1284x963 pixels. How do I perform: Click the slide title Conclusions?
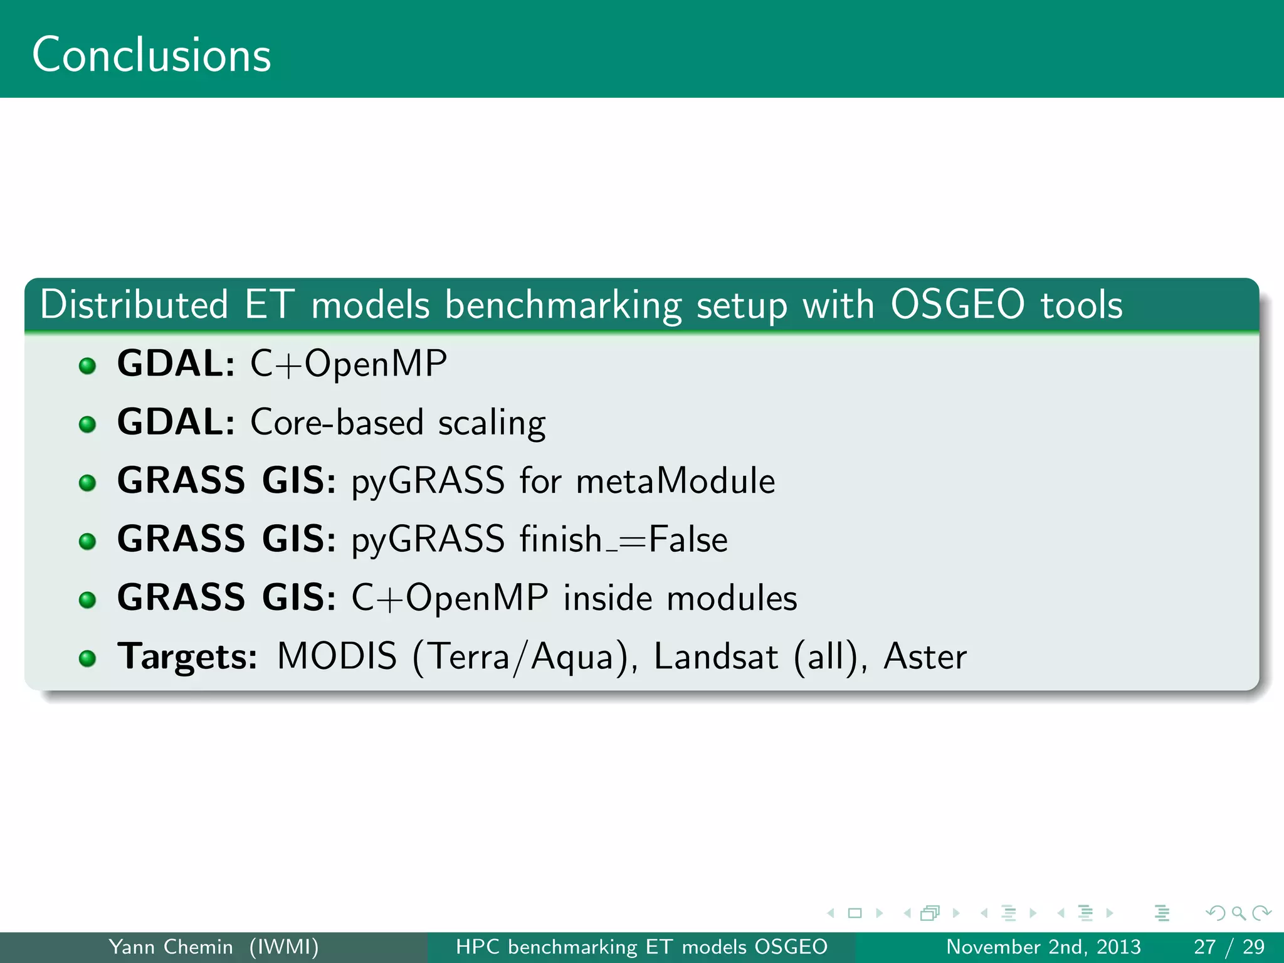coord(151,55)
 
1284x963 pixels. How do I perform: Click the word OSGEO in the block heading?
coord(957,305)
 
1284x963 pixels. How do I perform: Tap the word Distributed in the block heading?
coord(134,305)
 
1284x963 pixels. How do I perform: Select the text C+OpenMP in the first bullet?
coord(349,364)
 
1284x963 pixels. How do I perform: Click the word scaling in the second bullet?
coord(492,423)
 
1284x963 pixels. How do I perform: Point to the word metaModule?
coord(675,481)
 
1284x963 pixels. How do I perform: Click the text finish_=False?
coord(623,540)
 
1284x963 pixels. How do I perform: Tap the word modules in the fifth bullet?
coord(732,598)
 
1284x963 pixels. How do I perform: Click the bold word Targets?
coord(187,656)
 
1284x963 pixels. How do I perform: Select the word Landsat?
coord(715,656)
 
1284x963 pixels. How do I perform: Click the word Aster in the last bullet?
coord(925,656)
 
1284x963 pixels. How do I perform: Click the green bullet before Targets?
coord(88,658)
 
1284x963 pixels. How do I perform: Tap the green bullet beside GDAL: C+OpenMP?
coord(88,366)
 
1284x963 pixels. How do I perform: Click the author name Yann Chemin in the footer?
coord(171,947)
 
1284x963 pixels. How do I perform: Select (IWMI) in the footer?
coord(284,947)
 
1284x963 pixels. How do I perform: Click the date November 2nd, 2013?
coord(1043,947)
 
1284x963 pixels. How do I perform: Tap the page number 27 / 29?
coord(1228,947)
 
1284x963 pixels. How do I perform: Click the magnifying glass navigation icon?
coord(1238,913)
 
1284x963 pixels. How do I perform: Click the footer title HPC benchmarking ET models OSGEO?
coord(641,947)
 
